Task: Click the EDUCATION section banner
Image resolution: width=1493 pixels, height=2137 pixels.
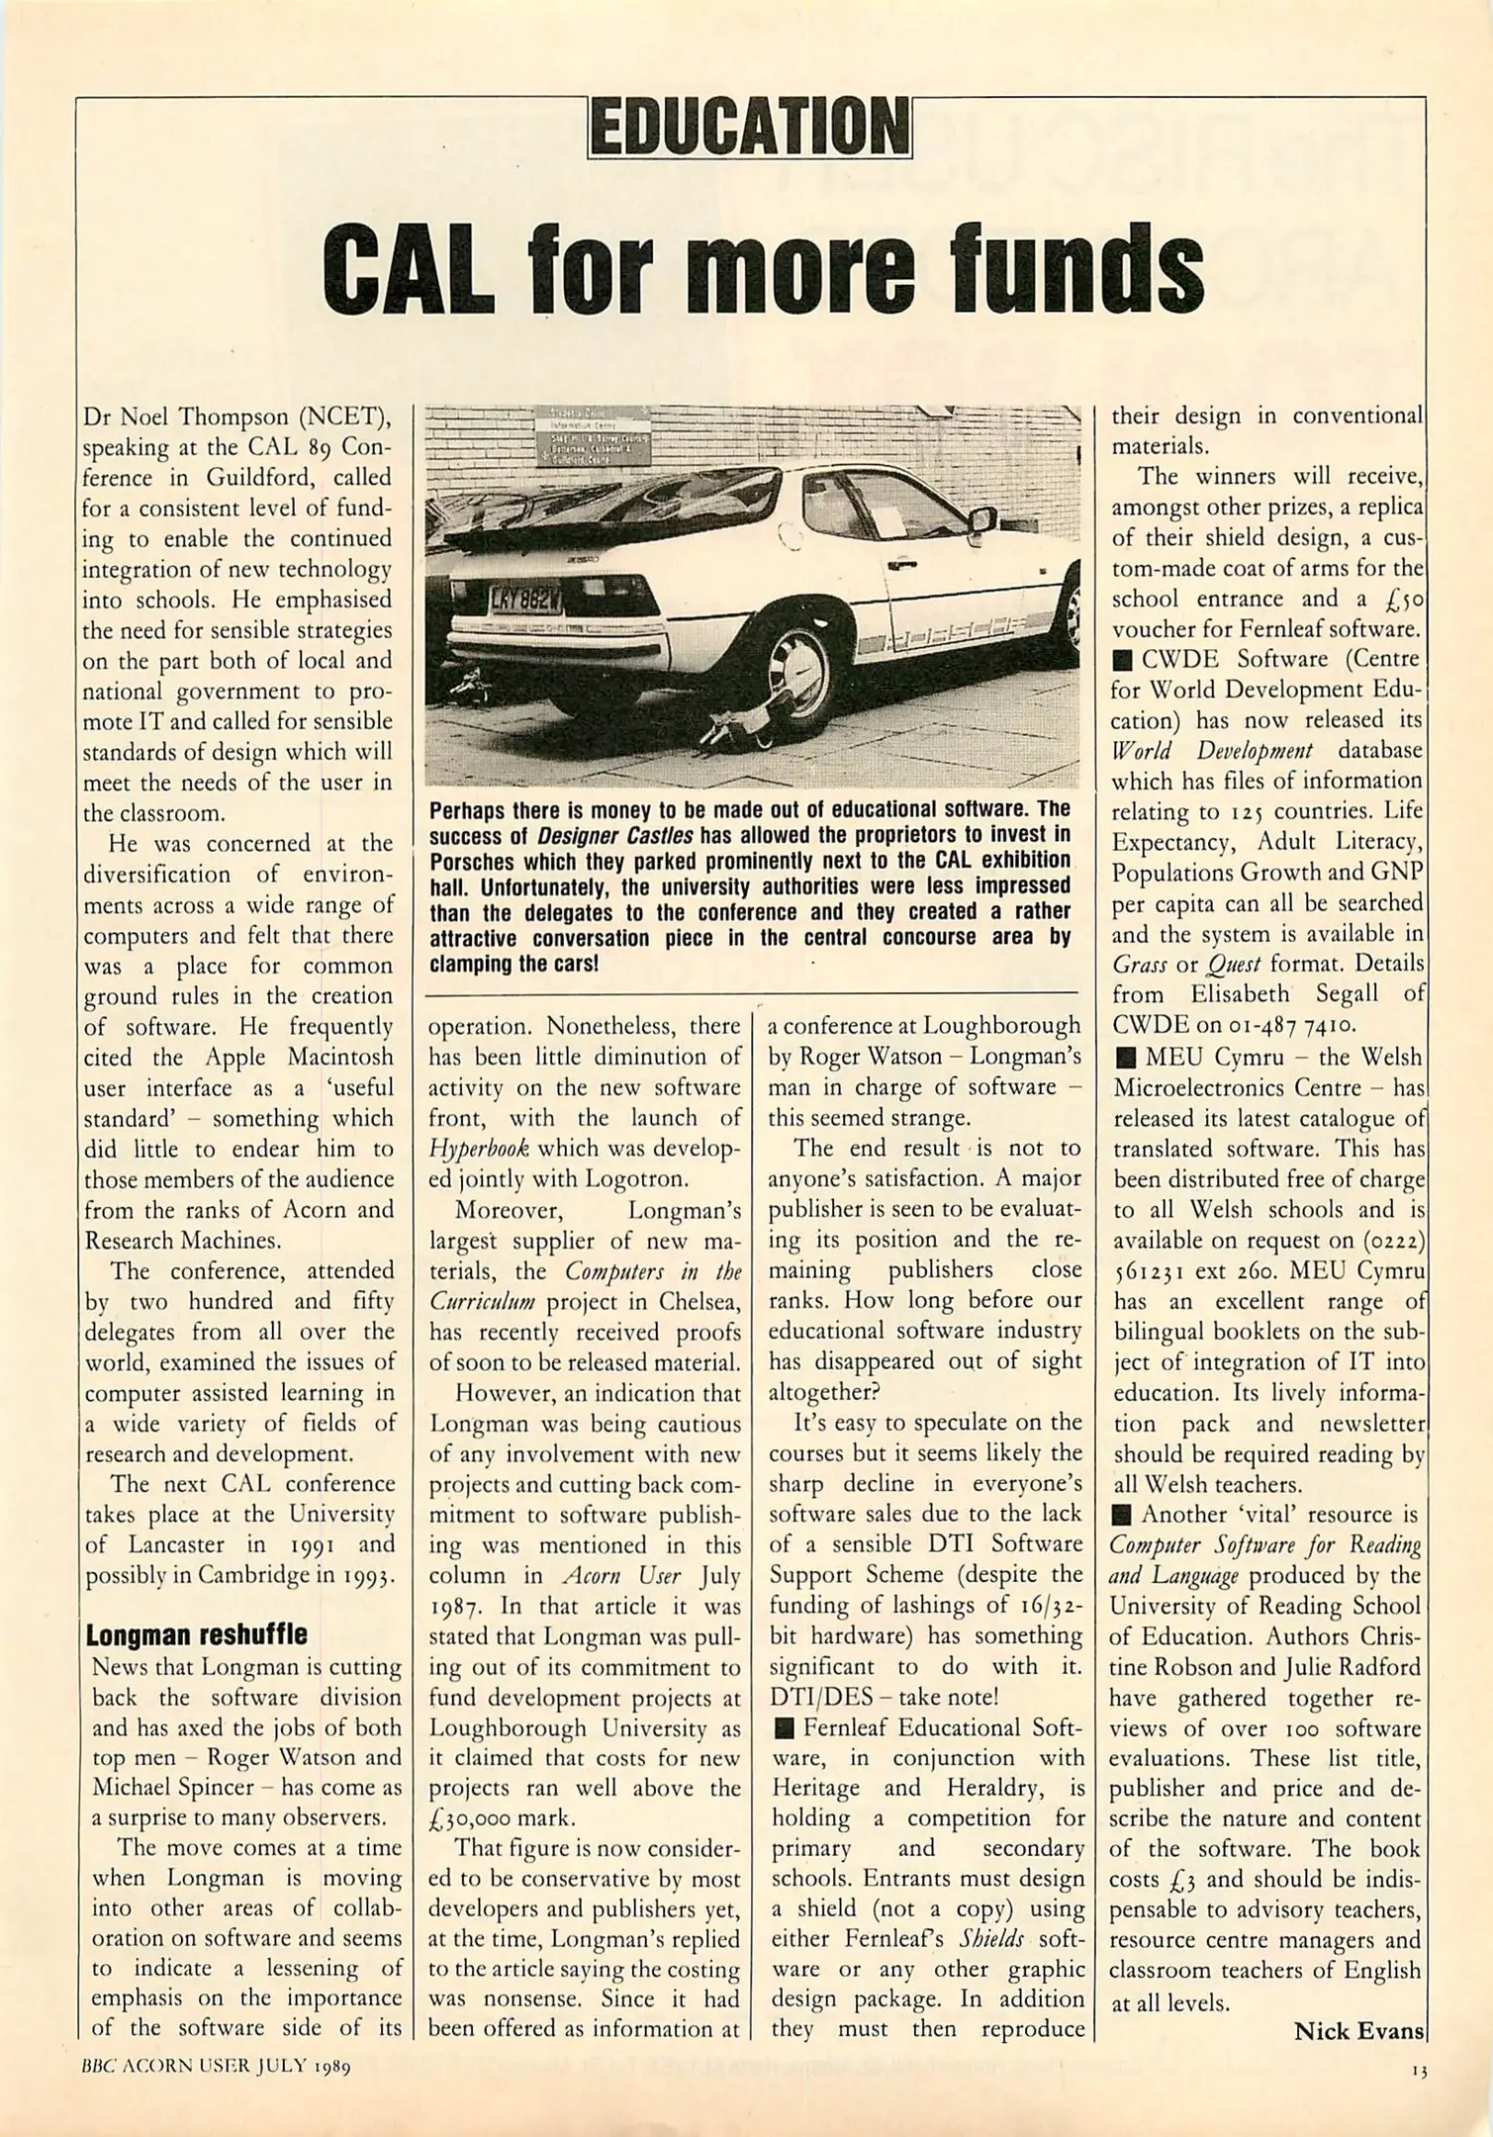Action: coord(749,127)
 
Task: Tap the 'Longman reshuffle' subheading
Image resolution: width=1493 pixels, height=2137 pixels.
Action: coord(196,1633)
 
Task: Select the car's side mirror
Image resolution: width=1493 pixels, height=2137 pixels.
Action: coord(982,518)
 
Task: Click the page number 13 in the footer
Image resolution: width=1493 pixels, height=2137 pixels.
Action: coord(1420,2067)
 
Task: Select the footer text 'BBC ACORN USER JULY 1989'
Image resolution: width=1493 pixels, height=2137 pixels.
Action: coord(218,2067)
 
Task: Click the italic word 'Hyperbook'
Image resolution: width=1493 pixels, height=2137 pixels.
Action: coord(478,1149)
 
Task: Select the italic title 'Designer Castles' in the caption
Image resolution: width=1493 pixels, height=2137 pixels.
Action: coord(607,835)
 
